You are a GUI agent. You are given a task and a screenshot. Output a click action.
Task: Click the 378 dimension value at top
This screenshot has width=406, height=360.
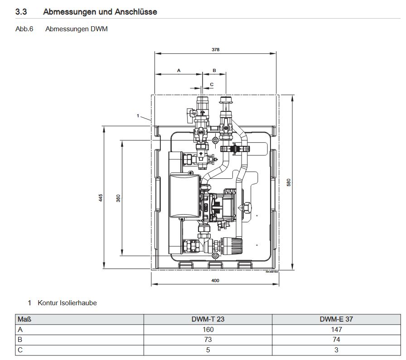click(215, 49)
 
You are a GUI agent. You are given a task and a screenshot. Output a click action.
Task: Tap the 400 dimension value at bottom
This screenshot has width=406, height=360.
click(215, 281)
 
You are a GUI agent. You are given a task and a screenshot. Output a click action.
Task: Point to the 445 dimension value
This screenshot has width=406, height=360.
click(101, 197)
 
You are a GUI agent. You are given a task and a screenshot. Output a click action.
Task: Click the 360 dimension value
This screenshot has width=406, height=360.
click(118, 198)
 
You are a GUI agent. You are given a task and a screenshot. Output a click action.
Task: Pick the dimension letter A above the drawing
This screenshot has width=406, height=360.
click(179, 70)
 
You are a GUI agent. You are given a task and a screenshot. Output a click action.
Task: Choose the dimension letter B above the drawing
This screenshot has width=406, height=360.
click(214, 70)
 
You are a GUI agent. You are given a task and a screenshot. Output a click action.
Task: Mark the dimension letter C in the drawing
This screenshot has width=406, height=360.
click(211, 84)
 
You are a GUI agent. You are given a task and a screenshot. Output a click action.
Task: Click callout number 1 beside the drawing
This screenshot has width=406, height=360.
click(138, 116)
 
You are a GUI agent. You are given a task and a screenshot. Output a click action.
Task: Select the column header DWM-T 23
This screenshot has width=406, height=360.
click(208, 319)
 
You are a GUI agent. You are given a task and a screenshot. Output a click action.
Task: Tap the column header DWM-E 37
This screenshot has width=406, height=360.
click(336, 319)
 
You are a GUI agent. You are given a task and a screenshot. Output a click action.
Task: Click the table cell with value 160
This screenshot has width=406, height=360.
click(208, 329)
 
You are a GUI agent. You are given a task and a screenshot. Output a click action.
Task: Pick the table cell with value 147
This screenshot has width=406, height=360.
click(336, 329)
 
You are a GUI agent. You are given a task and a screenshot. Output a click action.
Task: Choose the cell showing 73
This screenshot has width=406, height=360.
click(208, 339)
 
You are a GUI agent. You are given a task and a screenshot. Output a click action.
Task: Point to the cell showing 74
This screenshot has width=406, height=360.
click(336, 339)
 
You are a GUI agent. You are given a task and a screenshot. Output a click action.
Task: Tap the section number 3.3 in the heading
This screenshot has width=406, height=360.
click(21, 12)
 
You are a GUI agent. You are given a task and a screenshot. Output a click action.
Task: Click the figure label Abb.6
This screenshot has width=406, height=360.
click(24, 29)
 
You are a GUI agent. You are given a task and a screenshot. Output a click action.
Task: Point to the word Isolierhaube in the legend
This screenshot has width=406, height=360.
click(78, 302)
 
